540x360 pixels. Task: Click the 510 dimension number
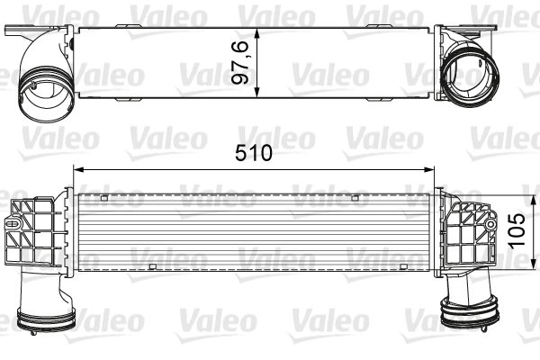pyautogui.click(x=256, y=154)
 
